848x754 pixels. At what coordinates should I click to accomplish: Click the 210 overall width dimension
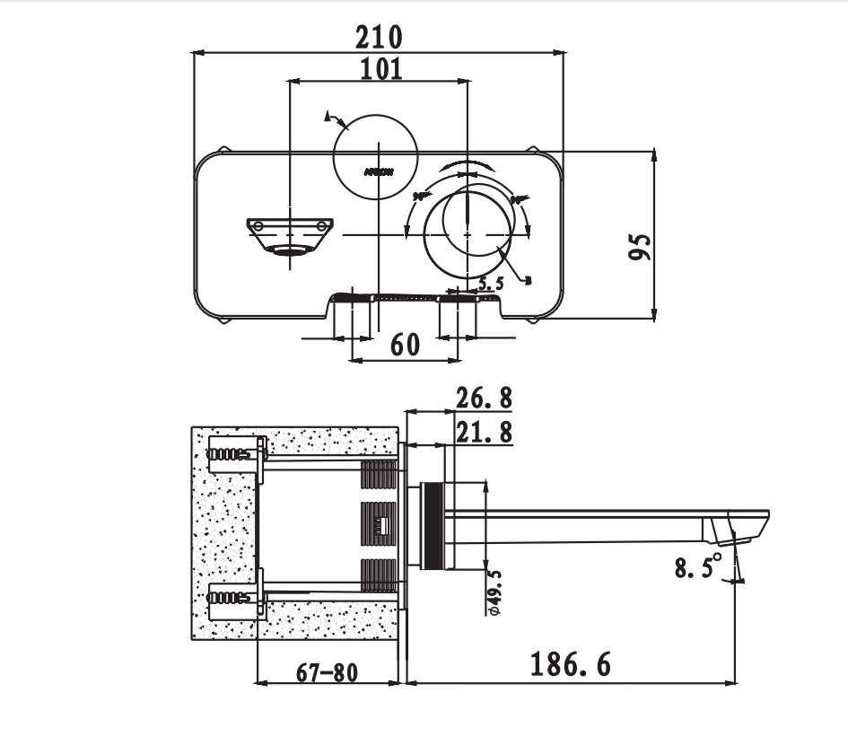click(x=379, y=38)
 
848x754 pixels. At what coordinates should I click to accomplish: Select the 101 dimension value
click(x=380, y=69)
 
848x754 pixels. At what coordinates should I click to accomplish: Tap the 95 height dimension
click(x=639, y=246)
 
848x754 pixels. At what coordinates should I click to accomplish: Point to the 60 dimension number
click(x=405, y=345)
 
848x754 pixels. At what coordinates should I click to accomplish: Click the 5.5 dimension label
click(x=492, y=284)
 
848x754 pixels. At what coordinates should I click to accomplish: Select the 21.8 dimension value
click(x=484, y=432)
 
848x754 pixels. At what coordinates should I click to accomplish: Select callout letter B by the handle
click(x=528, y=281)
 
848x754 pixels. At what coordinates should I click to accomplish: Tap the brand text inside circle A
click(x=377, y=169)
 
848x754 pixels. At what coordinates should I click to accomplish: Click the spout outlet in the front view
click(x=290, y=251)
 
